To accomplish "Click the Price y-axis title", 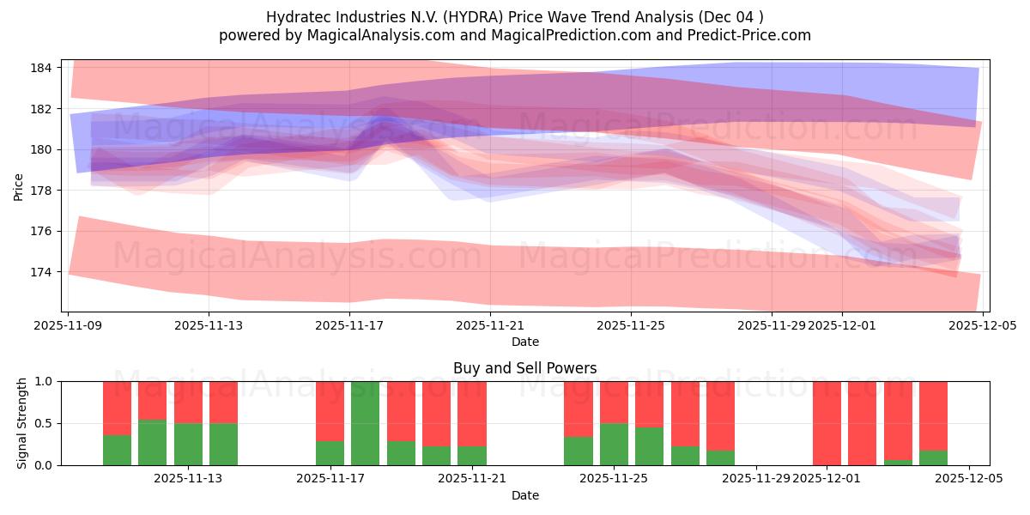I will click(x=19, y=186).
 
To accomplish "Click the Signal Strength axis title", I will click(x=22, y=423).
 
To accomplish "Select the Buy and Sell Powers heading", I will click(x=524, y=368).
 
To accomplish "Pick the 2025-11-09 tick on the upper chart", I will click(x=69, y=325).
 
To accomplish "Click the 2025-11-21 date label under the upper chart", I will click(x=490, y=325).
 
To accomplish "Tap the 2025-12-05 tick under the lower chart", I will click(x=969, y=479).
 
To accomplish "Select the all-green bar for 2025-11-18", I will click(x=366, y=423).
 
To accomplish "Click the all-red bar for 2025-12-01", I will click(x=827, y=423).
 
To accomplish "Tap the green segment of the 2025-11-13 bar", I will click(x=188, y=444).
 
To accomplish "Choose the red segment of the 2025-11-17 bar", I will click(x=330, y=411).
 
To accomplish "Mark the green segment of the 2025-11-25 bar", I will click(x=614, y=444).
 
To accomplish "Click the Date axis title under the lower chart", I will click(x=524, y=495).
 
